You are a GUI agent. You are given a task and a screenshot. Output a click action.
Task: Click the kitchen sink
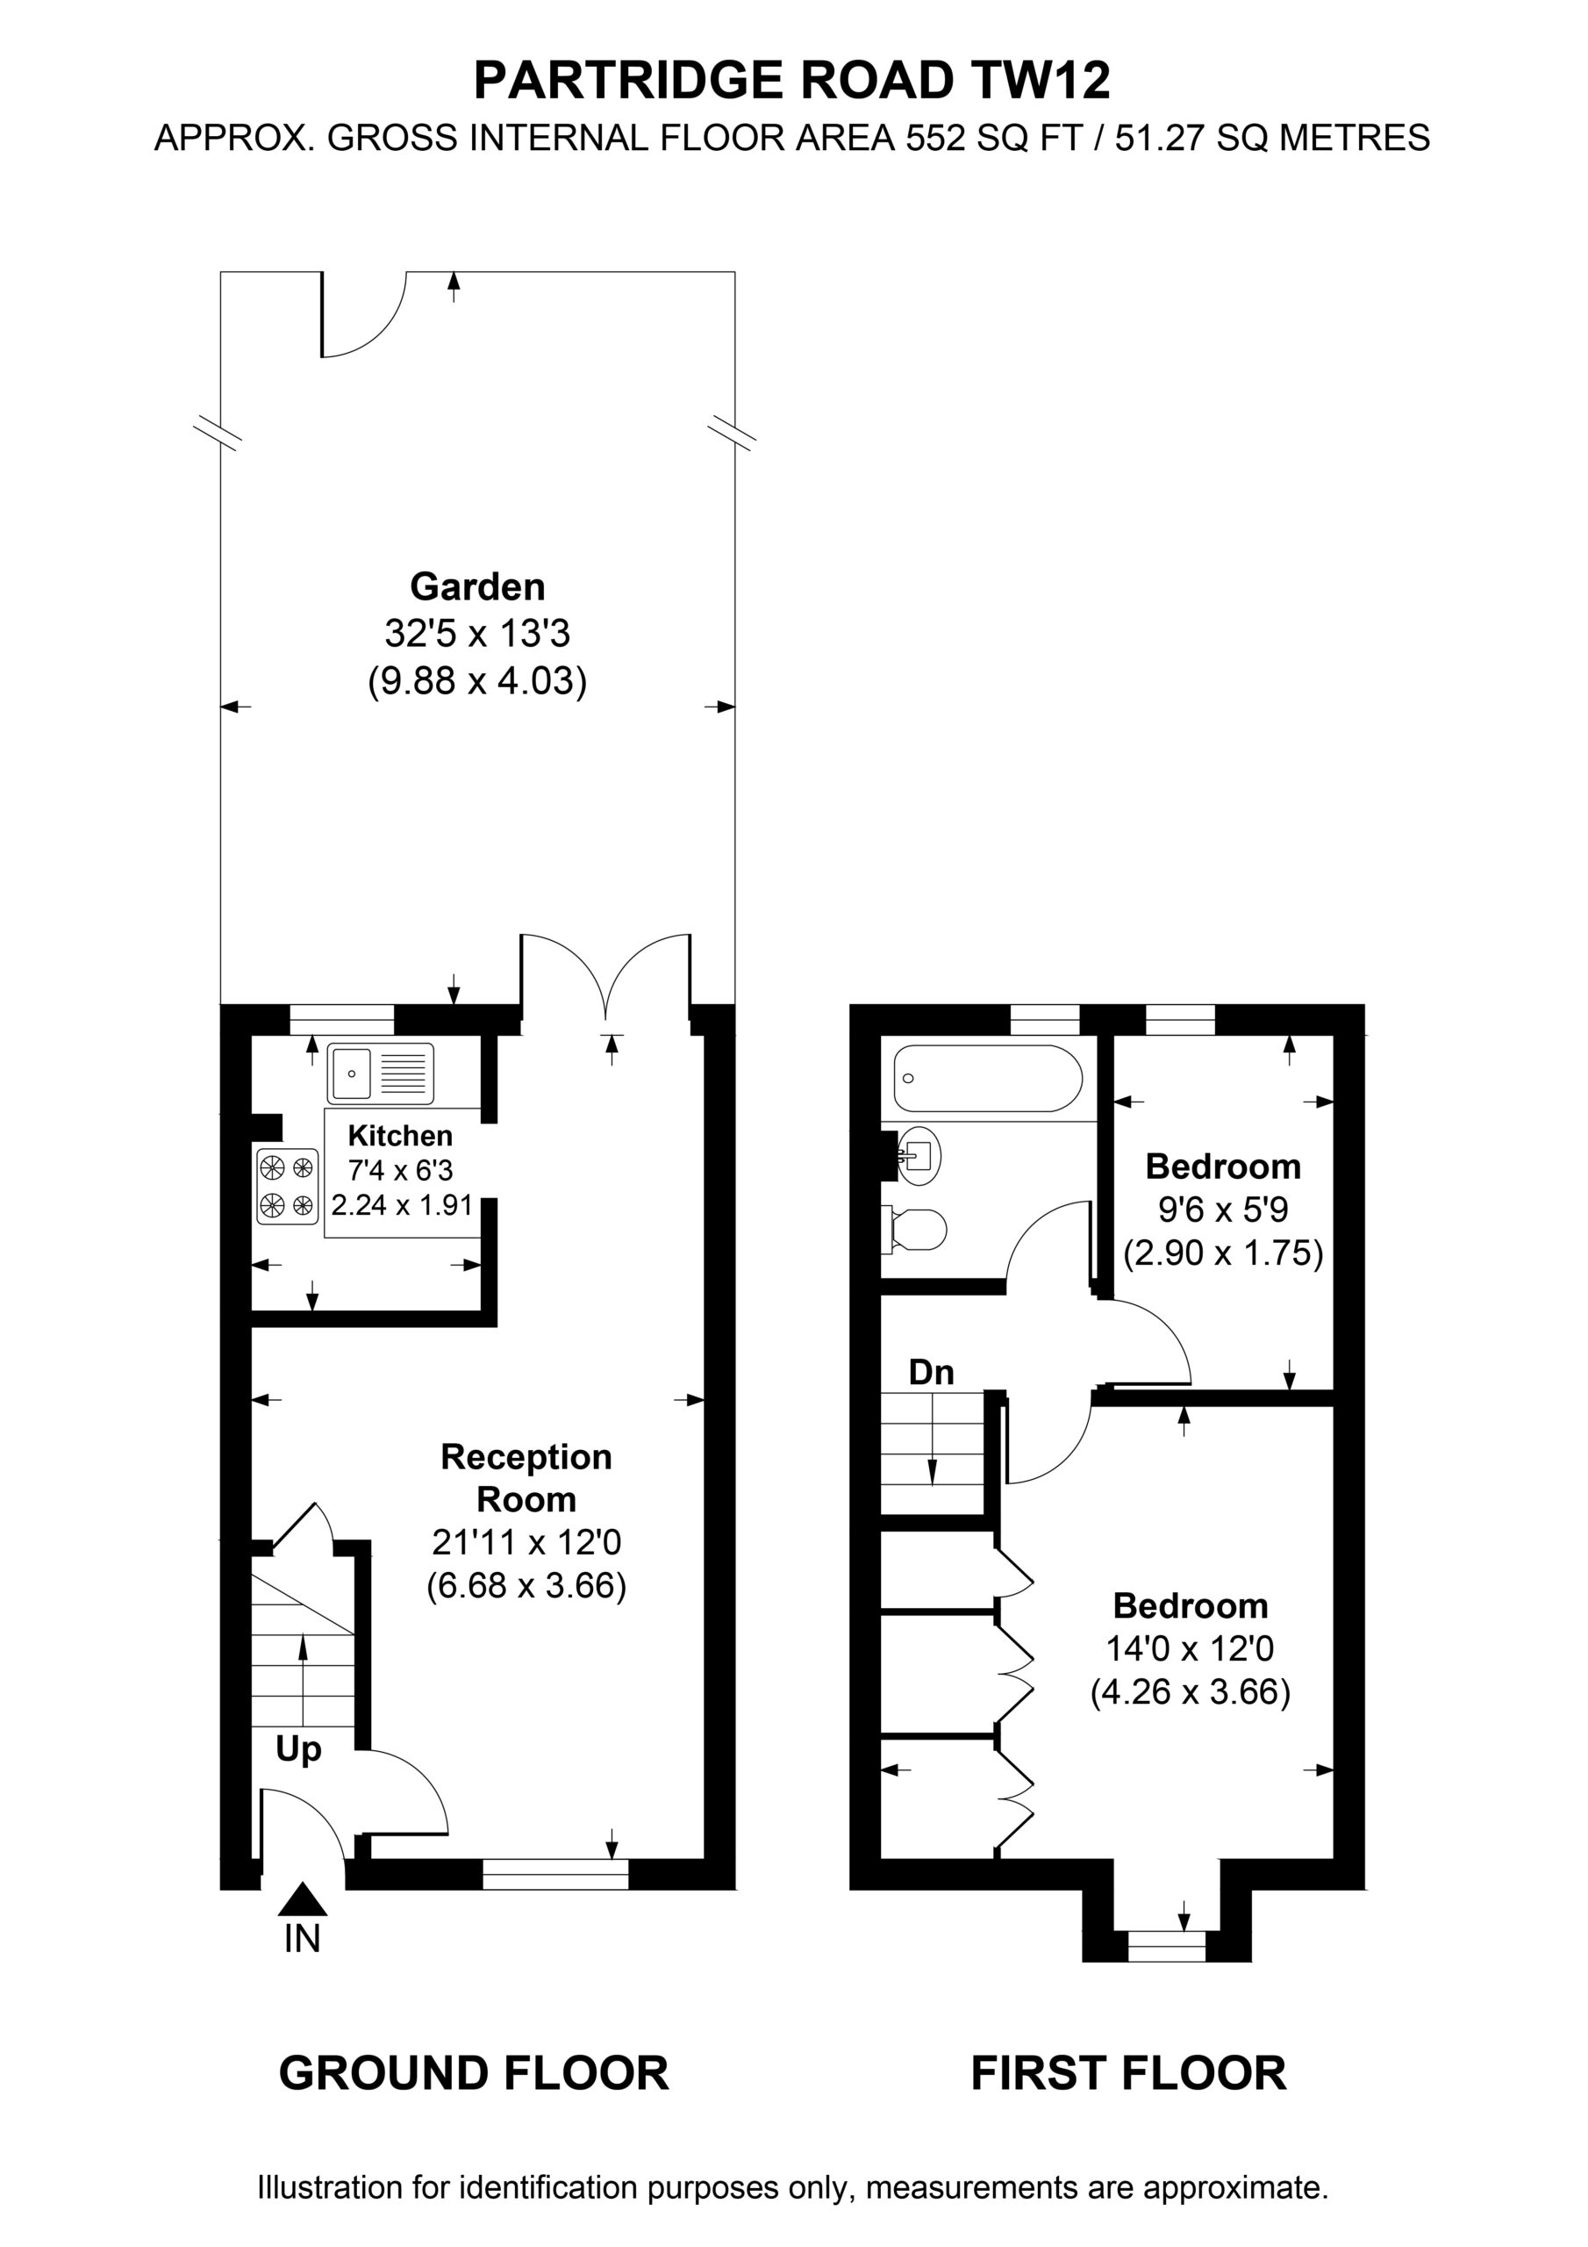381,1073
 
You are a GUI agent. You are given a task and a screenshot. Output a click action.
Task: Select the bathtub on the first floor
987,1078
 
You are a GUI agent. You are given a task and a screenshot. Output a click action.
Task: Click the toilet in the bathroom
914,1228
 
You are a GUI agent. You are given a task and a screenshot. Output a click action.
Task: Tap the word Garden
477,586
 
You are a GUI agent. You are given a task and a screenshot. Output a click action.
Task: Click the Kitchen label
400,1135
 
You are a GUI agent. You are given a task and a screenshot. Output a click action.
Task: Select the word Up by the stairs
298,1750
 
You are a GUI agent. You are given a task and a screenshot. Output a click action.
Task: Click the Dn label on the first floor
931,1372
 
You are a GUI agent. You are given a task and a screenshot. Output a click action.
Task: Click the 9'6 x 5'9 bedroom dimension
1223,1210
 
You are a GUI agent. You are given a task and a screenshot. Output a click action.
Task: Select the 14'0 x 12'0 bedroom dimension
1190,1649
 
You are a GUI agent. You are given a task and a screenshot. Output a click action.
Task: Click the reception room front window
555,1874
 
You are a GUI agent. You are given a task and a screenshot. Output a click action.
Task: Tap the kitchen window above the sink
342,1019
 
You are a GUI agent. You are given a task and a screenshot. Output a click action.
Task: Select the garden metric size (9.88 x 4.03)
477,680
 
